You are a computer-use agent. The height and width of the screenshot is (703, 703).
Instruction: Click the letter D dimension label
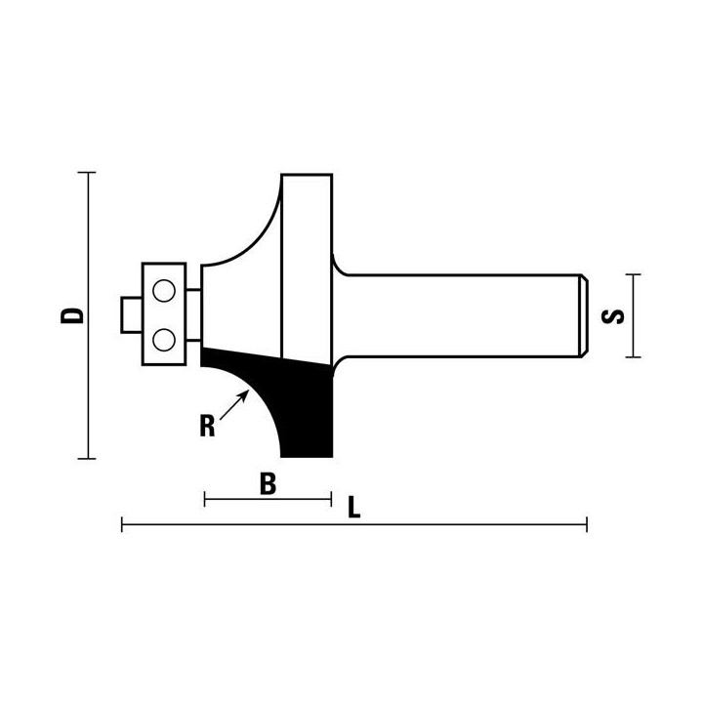(72, 315)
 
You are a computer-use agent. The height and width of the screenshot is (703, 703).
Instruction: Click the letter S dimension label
(612, 316)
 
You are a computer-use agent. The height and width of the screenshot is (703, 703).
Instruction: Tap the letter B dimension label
(269, 484)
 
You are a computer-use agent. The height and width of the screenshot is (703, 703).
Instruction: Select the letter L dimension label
(354, 508)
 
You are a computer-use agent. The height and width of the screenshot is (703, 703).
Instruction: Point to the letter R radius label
(207, 426)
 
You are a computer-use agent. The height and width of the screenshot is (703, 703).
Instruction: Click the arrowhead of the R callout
(244, 395)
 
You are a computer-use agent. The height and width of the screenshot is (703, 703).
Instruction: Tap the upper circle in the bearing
(164, 291)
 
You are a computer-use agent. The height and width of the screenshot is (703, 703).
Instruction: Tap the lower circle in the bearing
(164, 340)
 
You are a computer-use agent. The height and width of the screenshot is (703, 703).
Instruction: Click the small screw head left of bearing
(132, 314)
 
